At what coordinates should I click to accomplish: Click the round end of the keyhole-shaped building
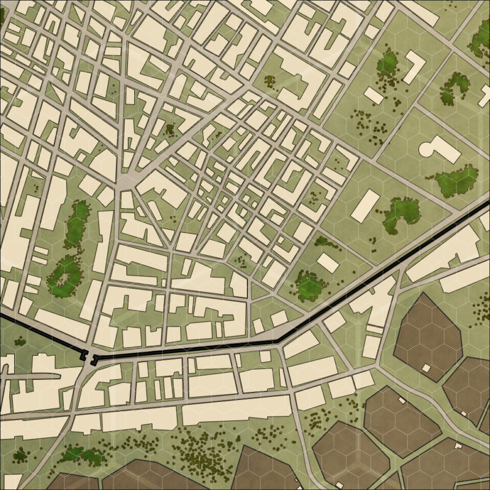[x=427, y=148]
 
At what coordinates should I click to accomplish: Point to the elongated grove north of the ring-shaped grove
[x=76, y=224]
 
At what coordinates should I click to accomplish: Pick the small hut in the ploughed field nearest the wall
[x=426, y=367]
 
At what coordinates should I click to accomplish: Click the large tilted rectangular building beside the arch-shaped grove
[x=365, y=205]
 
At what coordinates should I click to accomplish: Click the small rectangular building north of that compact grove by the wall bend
[x=327, y=263]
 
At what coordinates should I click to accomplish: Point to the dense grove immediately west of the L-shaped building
[x=387, y=62]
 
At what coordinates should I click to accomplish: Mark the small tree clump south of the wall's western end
[x=20, y=455]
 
